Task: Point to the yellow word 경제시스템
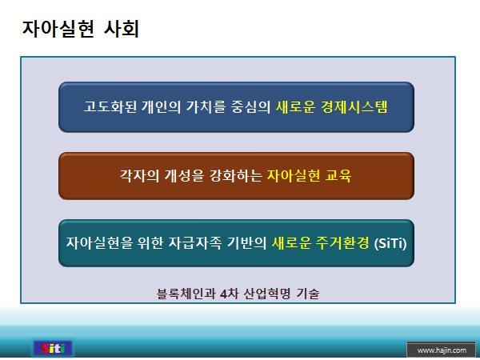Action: pyautogui.click(x=357, y=106)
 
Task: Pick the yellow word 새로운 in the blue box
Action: pyautogui.click(x=298, y=106)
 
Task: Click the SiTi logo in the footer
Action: pyautogui.click(x=53, y=348)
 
